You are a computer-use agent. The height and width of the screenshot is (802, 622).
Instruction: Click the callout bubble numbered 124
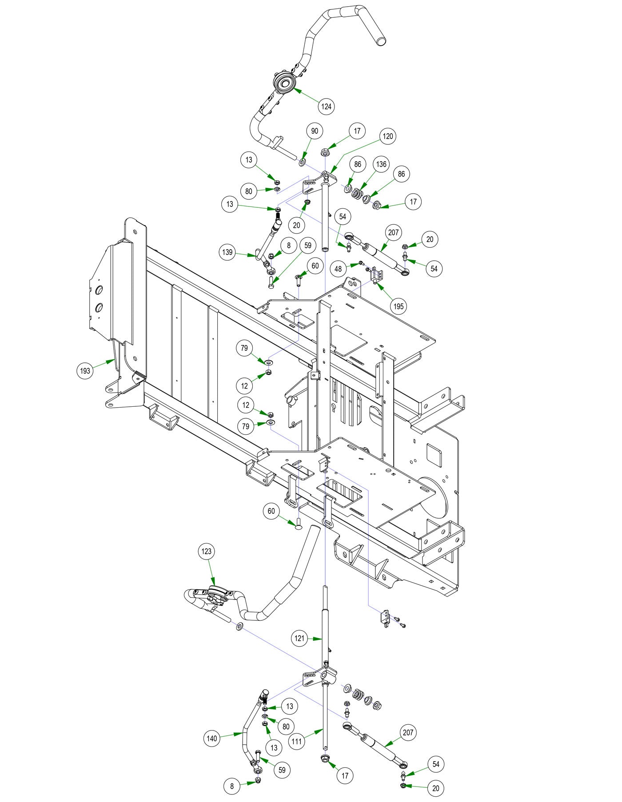point(327,107)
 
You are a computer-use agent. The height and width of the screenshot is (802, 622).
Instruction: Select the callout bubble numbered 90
point(315,131)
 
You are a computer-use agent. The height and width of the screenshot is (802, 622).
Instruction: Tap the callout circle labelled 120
point(388,136)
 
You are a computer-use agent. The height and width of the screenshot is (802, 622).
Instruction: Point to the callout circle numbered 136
point(381,164)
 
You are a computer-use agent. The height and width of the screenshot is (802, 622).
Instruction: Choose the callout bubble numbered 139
point(227,252)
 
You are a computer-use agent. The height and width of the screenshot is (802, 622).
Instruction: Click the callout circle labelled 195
point(399,306)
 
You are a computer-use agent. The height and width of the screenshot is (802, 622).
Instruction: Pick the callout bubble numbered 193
point(85,371)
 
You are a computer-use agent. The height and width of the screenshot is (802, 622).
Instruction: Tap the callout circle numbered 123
point(207,552)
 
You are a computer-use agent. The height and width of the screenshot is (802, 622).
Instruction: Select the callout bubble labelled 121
point(300,639)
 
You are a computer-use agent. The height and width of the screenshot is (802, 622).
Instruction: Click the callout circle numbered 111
point(297,741)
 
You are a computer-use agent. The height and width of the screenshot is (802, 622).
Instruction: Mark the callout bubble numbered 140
point(212,738)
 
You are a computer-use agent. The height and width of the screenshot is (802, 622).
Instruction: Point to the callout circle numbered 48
point(339,269)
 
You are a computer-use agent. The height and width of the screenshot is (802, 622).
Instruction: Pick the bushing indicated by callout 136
point(357,194)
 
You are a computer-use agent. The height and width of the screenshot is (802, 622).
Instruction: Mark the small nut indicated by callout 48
point(361,263)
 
